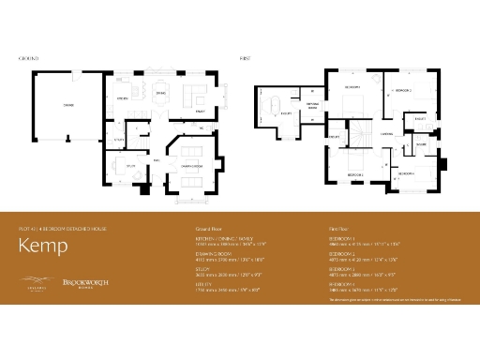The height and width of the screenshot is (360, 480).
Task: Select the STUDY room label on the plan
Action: coord(130,165)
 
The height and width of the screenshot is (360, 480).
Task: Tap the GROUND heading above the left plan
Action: coord(29,58)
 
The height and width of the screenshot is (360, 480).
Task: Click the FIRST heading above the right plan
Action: coord(246,58)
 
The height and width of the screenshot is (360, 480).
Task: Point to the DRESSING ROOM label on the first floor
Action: coord(313,106)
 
